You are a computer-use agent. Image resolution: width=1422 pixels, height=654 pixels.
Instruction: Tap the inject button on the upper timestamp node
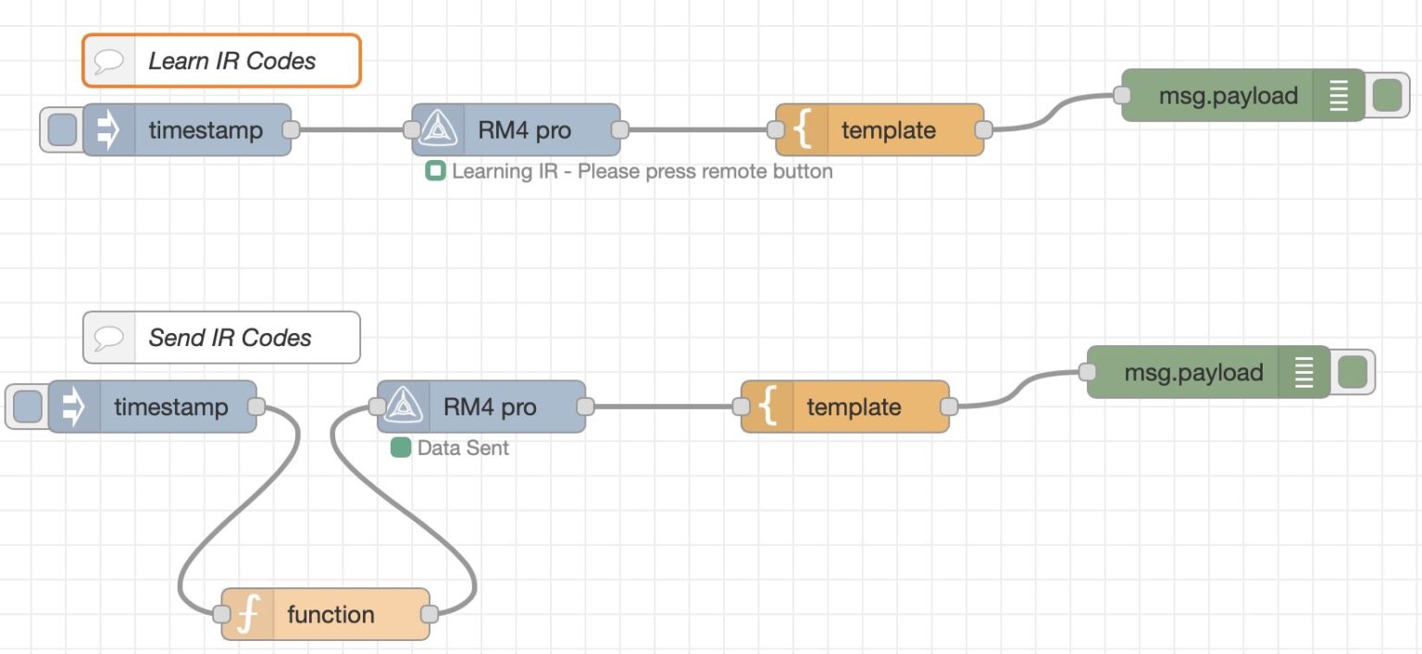pos(61,130)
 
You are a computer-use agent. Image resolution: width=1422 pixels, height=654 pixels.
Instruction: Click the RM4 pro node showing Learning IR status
pos(524,130)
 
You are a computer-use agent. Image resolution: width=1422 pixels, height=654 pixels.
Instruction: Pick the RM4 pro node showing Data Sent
pos(489,407)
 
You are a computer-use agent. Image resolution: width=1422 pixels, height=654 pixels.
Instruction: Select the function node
pos(330,614)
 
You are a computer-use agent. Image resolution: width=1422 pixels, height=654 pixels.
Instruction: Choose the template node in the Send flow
pos(854,407)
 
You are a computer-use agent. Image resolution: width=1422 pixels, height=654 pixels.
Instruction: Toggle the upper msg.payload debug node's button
pos(1387,95)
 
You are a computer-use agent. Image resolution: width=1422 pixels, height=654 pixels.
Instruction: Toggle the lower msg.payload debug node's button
pos(1353,373)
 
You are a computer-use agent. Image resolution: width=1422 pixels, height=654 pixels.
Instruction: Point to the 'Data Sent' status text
pos(463,449)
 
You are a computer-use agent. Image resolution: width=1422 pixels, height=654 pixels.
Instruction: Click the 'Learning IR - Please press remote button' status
pos(642,172)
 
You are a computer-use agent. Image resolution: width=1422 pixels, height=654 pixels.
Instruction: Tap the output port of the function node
pos(430,614)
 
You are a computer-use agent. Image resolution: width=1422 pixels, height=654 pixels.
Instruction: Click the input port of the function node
pos(220,614)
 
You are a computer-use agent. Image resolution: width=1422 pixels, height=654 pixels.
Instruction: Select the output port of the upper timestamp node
pos(291,130)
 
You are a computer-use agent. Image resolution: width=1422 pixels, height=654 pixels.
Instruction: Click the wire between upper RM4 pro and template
pos(699,130)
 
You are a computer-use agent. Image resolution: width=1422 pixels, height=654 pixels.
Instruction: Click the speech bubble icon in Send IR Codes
pos(109,338)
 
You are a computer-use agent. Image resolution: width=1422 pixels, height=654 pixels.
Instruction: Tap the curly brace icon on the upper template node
pos(803,130)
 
